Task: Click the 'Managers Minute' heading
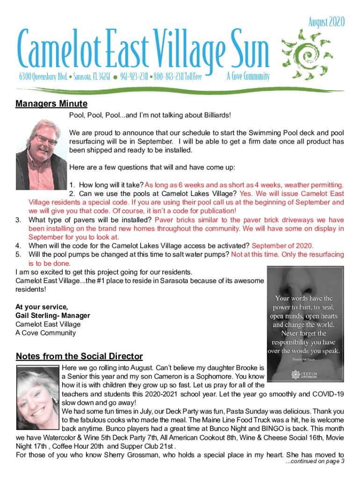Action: [x=51, y=103]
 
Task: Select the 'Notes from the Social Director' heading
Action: [x=79, y=356]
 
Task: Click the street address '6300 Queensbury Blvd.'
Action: [x=45, y=77]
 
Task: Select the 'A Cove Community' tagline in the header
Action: [x=248, y=77]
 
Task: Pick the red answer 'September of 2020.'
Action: [x=283, y=246]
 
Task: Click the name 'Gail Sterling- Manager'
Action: [x=53, y=316]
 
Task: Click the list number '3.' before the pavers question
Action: [x=19, y=220]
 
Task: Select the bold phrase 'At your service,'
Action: [x=42, y=307]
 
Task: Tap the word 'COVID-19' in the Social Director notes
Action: [x=327, y=394]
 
